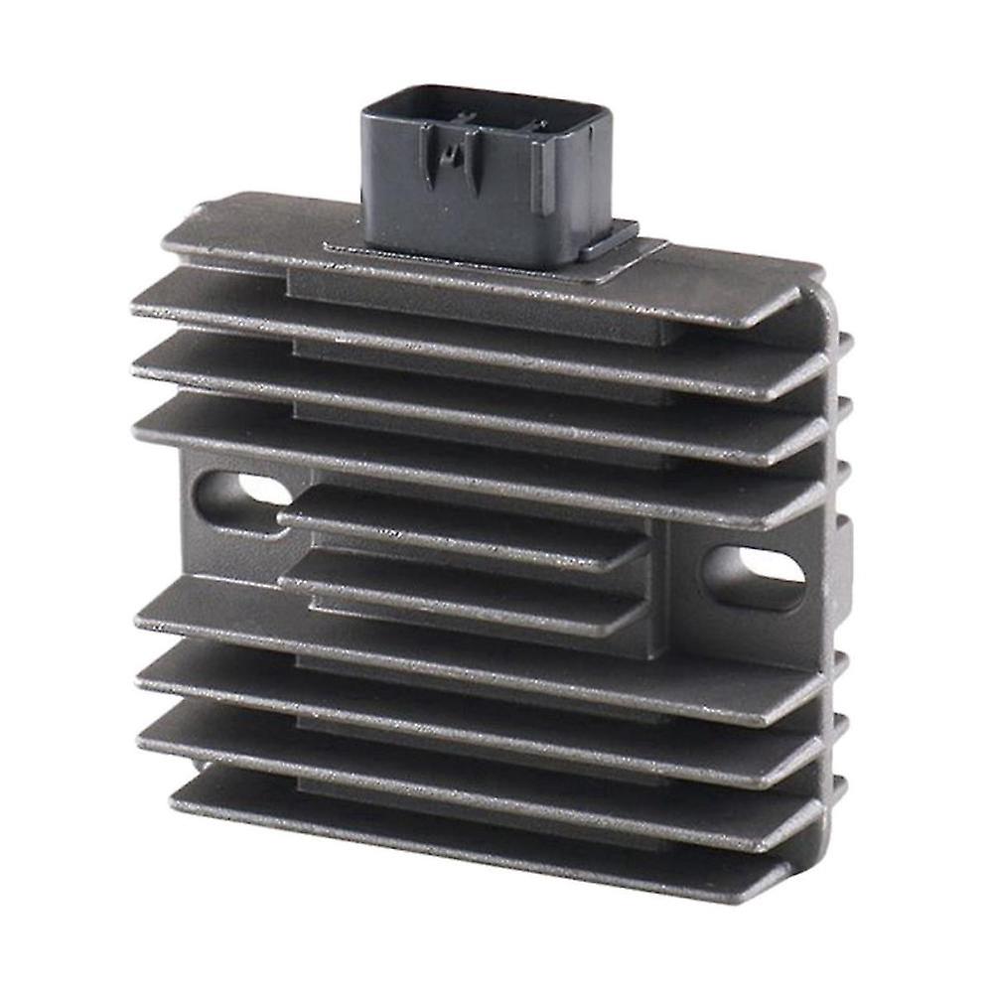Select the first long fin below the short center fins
pos(477,626)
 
